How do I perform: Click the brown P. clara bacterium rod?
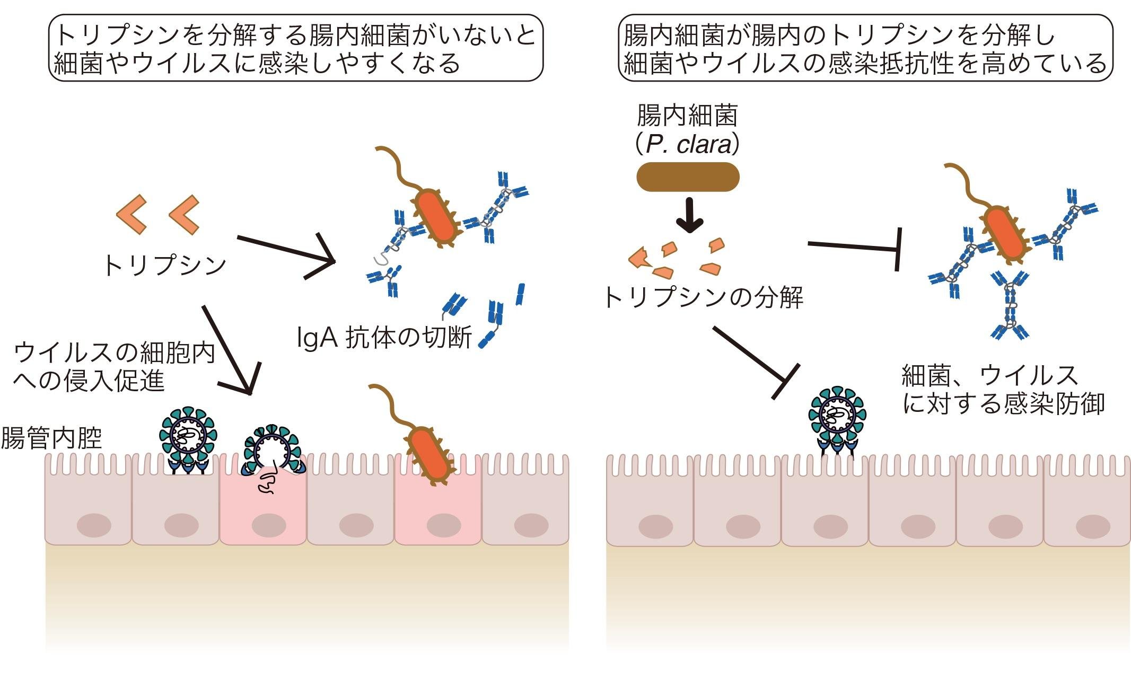688,177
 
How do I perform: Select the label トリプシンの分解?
703,297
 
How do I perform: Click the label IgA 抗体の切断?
384,338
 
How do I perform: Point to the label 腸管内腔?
51,438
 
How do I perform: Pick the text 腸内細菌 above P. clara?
687,115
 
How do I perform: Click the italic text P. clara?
688,145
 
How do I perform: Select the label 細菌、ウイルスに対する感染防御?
1003,390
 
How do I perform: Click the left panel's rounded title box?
296,48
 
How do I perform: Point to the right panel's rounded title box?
865,48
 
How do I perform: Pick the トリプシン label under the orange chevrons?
164,265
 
